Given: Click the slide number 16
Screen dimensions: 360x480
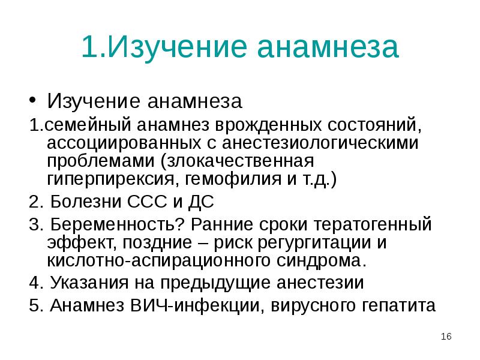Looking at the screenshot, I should [446, 337].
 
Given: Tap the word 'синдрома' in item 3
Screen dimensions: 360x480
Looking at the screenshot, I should [327, 261].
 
